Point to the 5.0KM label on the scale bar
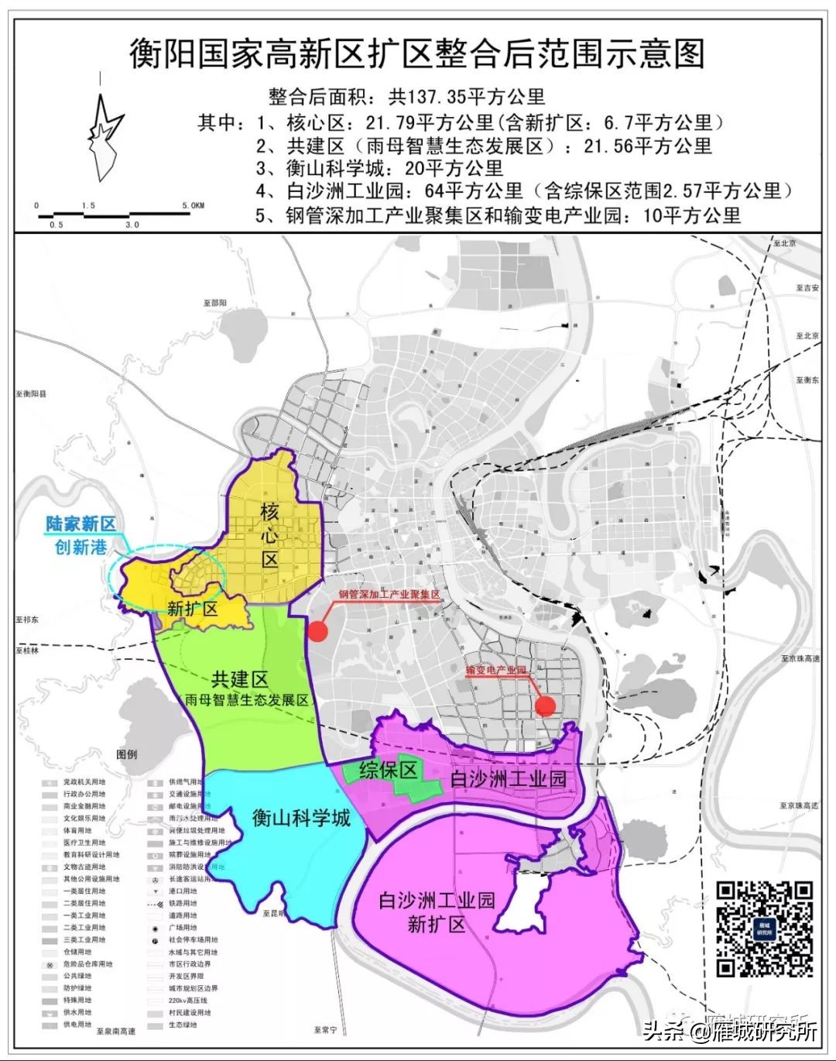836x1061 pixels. coord(194,205)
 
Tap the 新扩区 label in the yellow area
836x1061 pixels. coord(192,609)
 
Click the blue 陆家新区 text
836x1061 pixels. coord(81,524)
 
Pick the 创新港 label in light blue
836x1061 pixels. coord(81,547)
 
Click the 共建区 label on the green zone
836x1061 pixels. coord(239,679)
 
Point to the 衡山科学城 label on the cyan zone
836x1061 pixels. coord(301,817)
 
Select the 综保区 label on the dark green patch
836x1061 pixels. coord(389,770)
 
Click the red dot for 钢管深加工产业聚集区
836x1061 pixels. coord(317,631)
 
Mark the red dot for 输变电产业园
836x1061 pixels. coord(545,705)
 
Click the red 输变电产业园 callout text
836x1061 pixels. coord(495,670)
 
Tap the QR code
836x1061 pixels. coord(764,929)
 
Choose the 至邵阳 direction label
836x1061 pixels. coord(212,303)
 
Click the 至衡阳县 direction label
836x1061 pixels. coord(31,394)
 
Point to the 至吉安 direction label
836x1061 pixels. coord(807,287)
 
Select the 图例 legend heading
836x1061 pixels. coord(126,754)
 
